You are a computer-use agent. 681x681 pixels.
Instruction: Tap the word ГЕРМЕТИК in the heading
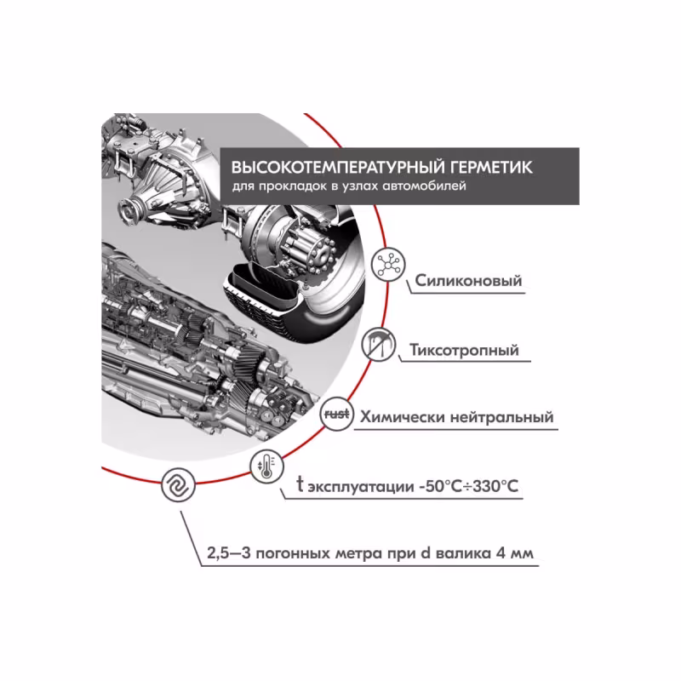tap(488, 166)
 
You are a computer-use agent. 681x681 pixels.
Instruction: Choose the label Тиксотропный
tap(464, 350)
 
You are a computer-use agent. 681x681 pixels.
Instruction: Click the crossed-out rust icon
tap(333, 415)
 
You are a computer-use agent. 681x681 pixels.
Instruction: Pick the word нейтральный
tap(503, 418)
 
